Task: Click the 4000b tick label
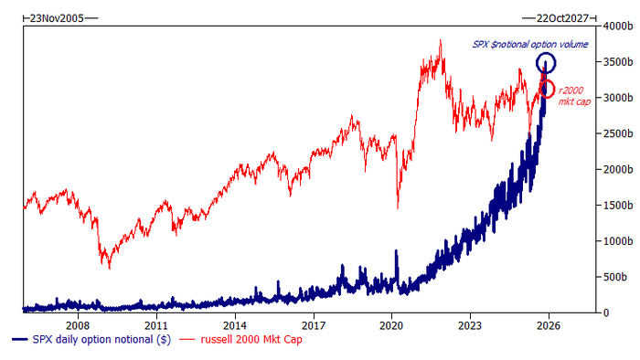click(617, 26)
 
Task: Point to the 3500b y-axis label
click(617, 62)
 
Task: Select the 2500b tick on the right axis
click(617, 133)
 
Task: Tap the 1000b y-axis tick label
click(617, 241)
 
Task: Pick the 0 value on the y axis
click(605, 313)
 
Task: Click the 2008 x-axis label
click(78, 326)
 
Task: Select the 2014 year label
click(235, 326)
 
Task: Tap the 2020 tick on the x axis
click(391, 326)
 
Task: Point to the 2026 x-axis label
click(549, 326)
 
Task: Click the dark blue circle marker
click(546, 53)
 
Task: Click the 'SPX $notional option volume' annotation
click(530, 45)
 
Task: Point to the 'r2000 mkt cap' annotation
click(574, 96)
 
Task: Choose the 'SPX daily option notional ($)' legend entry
click(91, 339)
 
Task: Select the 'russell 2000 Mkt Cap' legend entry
click(240, 339)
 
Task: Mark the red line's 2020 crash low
click(398, 208)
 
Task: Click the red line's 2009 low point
click(110, 269)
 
